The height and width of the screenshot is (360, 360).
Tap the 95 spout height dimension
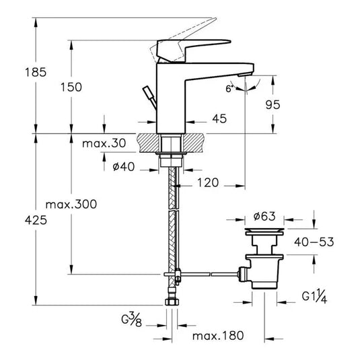291,105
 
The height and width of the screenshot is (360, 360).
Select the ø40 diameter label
122,167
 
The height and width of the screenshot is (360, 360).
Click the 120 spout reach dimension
207,183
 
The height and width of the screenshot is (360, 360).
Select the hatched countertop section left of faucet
149,143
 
